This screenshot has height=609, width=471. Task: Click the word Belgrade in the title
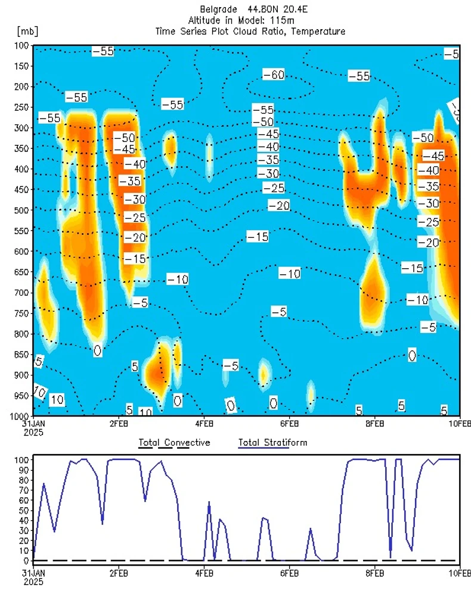(215, 9)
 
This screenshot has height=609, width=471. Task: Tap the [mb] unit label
(27, 30)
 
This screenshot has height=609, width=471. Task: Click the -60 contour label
(274, 75)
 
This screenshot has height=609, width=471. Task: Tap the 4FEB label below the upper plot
(204, 424)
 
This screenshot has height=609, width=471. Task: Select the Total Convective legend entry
(174, 443)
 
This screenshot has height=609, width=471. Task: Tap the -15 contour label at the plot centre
(258, 237)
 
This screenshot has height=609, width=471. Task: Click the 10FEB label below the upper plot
(459, 424)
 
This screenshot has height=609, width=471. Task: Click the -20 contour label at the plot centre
(279, 206)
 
